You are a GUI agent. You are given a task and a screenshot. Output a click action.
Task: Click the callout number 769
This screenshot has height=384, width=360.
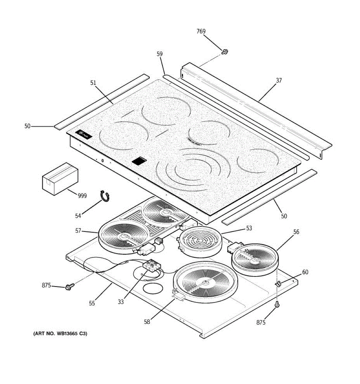coord(201,31)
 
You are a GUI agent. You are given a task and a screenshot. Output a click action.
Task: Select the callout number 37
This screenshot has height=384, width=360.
coord(279,80)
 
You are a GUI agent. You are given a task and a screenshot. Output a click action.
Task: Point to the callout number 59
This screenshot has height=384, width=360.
coord(160,54)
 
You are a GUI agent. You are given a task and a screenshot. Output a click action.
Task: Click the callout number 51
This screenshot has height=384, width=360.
coord(93,83)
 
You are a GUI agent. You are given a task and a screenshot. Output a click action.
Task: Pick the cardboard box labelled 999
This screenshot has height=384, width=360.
coord(60,178)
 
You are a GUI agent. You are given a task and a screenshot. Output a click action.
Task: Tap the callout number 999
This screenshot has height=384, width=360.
coord(82,196)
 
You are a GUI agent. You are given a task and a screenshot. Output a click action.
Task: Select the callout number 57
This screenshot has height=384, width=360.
coord(78,230)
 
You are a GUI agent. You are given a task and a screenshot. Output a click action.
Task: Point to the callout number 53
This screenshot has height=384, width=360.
coord(249,228)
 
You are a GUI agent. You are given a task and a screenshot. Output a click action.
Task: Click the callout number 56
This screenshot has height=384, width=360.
coord(296,232)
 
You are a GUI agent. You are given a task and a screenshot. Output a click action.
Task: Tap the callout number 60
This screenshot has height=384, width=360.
coord(305,272)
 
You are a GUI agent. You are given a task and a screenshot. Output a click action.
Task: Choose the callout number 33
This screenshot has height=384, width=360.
coord(121,302)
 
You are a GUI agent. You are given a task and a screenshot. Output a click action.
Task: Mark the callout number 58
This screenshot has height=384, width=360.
coord(147,322)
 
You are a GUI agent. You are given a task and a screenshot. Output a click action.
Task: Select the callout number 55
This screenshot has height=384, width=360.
coord(92,303)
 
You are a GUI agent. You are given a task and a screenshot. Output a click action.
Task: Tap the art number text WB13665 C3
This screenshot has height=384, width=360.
coord(60,334)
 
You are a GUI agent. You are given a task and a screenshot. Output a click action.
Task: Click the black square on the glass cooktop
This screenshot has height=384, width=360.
coord(139,161)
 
